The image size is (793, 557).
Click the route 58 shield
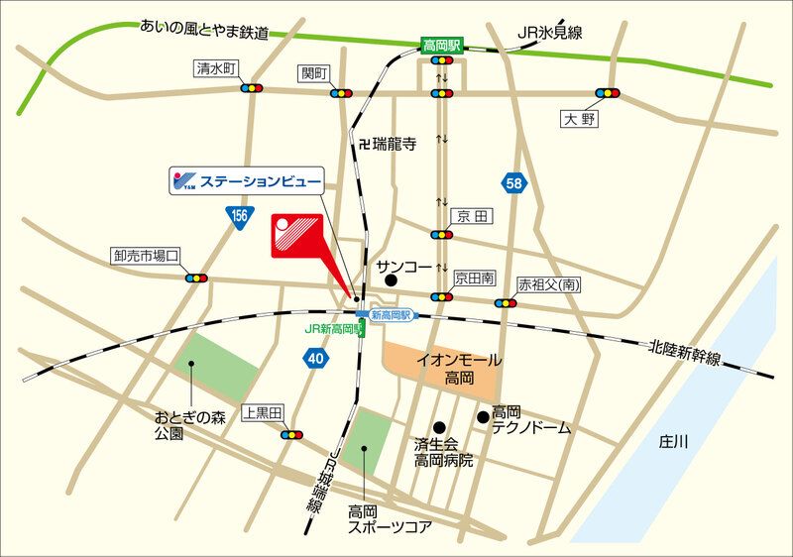point(512,183)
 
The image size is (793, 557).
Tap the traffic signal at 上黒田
point(292,434)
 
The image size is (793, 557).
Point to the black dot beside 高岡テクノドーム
point(483,417)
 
